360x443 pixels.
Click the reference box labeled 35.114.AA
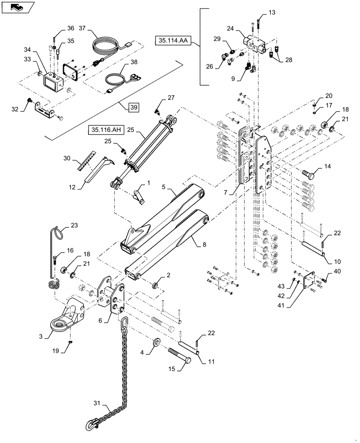pyautogui.click(x=172, y=41)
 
